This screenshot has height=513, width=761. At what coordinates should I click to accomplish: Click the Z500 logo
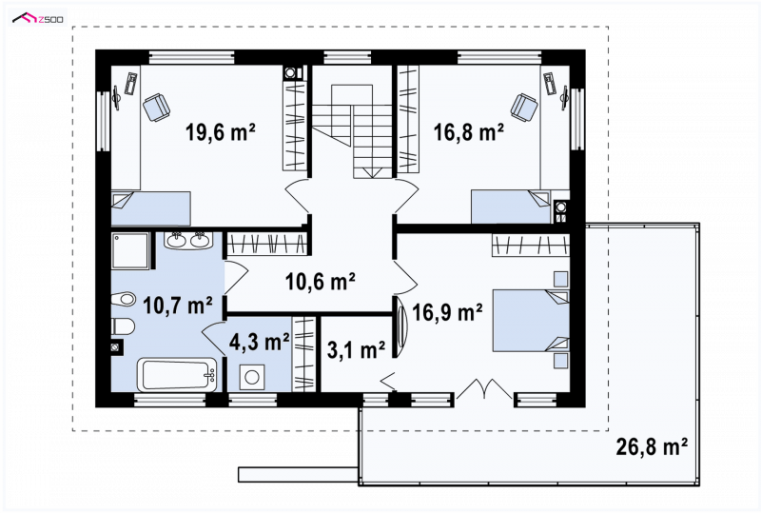coord(38,19)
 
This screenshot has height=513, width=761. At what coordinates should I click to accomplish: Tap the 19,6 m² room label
coord(221,131)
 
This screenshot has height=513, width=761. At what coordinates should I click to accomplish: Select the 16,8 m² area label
coord(468,131)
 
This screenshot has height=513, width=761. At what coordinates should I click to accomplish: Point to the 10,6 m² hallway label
coord(321,282)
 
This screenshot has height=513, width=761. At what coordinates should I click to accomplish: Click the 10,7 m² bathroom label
coord(178,306)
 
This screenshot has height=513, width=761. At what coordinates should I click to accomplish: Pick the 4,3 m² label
coord(259,342)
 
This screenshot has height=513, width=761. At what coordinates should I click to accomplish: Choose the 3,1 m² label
coord(356,350)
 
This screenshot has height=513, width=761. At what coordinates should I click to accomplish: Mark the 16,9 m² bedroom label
coord(447,312)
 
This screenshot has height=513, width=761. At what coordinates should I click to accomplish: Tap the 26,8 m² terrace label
coord(652,446)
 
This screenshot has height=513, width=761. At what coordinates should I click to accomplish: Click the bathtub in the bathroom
coord(178,375)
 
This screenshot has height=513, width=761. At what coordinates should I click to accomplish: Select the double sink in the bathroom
coord(186,241)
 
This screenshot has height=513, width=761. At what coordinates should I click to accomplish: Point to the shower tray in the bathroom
coord(130,250)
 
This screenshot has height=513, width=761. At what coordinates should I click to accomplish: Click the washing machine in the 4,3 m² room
coord(252,377)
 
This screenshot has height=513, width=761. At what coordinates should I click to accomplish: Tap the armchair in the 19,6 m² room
coord(156,107)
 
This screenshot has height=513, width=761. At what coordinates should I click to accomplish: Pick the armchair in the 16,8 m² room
coord(525,107)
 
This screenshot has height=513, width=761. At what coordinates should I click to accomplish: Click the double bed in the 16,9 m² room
coord(531,321)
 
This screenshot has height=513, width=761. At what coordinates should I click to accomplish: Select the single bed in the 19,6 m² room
coord(150,208)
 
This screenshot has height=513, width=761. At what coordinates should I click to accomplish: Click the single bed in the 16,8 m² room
coord(511,207)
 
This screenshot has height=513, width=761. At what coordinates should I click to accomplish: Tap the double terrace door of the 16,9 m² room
coord(484,387)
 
